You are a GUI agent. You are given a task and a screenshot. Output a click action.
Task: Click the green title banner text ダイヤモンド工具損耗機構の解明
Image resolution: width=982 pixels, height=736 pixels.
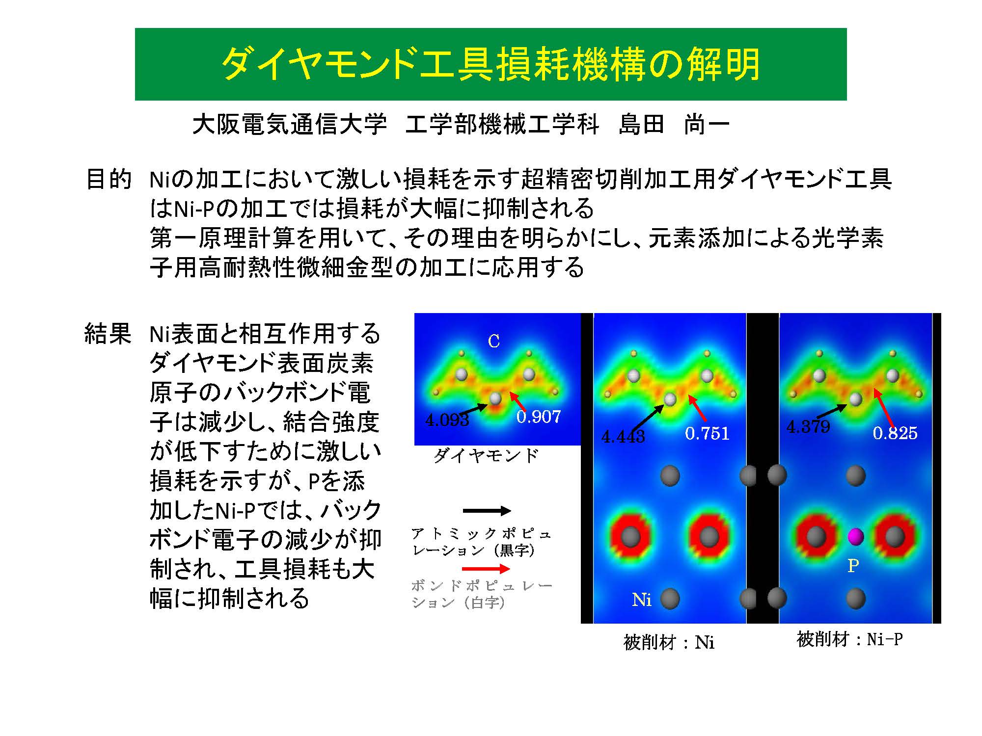tap(491, 64)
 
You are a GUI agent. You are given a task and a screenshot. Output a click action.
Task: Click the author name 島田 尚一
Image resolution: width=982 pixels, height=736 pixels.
tap(674, 124)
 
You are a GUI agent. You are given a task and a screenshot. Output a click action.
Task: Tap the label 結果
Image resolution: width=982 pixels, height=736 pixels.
tap(108, 334)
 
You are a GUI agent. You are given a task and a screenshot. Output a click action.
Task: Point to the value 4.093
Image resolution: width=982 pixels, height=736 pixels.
tap(447, 420)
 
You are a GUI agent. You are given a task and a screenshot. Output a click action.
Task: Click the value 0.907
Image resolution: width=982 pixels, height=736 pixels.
tap(539, 417)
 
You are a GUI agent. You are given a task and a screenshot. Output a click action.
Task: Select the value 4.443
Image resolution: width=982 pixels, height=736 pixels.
tap(623, 436)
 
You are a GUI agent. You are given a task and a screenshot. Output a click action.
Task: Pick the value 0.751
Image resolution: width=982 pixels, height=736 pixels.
tap(708, 433)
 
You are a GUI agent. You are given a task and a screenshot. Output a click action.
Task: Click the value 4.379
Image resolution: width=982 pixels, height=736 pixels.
tap(808, 426)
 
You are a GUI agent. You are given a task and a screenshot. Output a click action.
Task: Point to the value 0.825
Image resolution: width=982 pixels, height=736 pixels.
tap(895, 433)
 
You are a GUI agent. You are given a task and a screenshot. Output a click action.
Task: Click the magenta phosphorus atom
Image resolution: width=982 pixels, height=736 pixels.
tap(855, 536)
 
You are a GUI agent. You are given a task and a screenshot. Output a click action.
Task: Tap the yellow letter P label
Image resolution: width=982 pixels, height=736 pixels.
tap(853, 566)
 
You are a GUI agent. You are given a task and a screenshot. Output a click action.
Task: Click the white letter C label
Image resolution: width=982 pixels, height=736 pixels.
tap(494, 341)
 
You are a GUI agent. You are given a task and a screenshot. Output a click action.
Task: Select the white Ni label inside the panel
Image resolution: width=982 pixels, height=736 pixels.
tap(642, 600)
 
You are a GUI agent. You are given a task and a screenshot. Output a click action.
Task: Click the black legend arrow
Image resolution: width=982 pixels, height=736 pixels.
tap(487, 511)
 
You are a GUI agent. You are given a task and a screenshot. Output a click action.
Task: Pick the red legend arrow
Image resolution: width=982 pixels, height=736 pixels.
tap(486, 569)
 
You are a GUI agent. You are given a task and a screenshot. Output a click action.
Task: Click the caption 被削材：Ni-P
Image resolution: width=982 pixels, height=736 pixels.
tap(849, 639)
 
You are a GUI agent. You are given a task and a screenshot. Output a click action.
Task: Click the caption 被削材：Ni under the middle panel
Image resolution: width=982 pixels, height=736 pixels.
tap(669, 642)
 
